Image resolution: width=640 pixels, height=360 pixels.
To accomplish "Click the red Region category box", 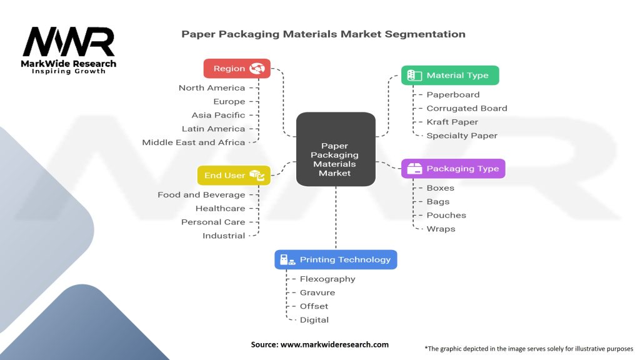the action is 237,69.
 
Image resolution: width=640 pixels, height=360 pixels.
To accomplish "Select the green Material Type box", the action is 450,75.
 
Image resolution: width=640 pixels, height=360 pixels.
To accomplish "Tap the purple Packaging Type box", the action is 453,169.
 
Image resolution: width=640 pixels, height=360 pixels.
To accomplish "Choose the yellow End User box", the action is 234,176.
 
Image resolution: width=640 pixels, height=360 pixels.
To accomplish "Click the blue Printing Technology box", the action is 336,259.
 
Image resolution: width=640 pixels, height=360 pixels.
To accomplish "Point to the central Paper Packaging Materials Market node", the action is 336,149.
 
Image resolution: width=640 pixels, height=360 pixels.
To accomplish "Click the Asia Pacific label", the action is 218,115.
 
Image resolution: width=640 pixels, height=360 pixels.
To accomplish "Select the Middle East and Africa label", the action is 194,142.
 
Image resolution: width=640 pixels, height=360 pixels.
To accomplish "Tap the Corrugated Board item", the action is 467,108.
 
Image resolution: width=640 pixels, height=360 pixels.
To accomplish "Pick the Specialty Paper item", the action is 462,136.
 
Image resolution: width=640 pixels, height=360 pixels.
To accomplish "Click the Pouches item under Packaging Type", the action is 446,215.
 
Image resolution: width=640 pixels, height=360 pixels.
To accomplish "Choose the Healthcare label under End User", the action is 221,208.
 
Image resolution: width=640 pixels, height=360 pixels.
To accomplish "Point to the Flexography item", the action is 327,279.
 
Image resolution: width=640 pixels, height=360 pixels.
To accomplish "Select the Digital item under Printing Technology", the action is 314,320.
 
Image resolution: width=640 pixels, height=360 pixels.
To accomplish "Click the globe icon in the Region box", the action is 257,69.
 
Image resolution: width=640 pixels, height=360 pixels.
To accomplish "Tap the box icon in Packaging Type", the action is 414,169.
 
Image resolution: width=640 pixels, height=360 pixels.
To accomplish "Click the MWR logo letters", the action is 69,41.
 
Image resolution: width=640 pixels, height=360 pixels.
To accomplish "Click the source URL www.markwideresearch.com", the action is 334,344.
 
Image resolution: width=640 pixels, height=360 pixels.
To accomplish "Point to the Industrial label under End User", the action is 224,236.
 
